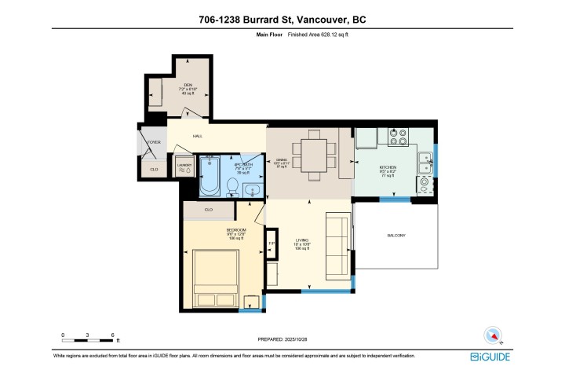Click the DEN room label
[188, 84]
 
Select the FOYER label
[154, 142]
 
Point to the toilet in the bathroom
[232, 185]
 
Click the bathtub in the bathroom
[210, 177]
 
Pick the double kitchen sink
[427, 162]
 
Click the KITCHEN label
[388, 168]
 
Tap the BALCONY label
[396, 236]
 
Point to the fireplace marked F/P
[272, 243]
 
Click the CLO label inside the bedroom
[209, 210]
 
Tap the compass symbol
[492, 335]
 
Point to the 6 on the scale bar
[113, 335]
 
